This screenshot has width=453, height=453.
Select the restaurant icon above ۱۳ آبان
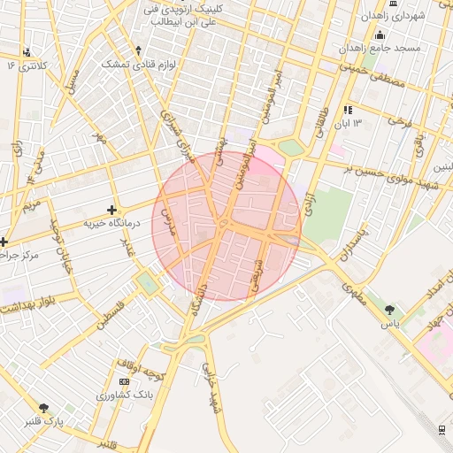click(349, 111)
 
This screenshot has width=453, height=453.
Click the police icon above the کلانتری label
click(27, 52)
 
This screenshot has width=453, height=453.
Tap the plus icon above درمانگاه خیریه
click(111, 210)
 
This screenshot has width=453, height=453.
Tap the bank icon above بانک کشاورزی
click(123, 380)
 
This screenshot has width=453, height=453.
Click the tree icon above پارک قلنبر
click(43, 408)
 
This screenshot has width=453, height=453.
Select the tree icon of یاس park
click(389, 311)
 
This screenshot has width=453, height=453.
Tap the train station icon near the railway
click(441, 429)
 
